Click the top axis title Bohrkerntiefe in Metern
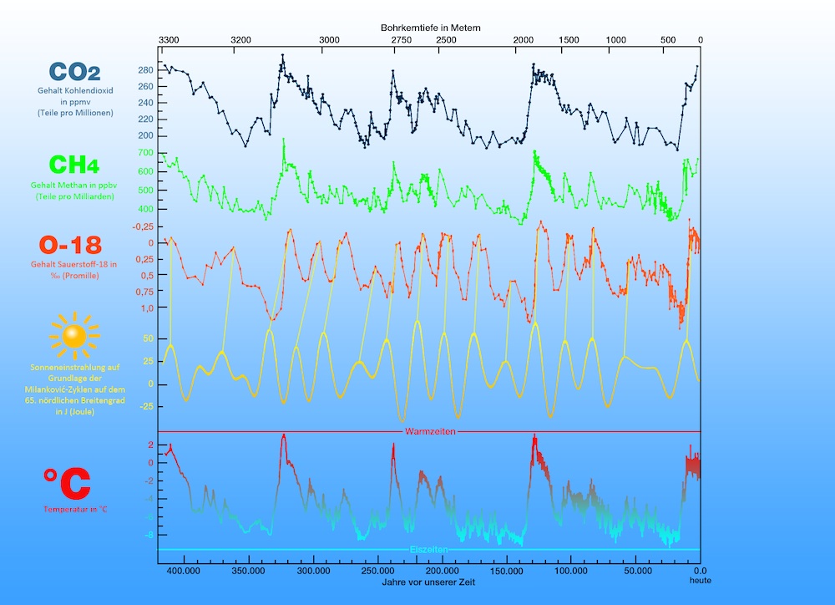(430, 28)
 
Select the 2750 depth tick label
(401, 40)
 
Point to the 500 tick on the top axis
(668, 40)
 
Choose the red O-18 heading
(70, 245)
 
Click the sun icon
(74, 335)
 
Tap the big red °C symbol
(67, 483)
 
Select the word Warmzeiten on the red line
(430, 432)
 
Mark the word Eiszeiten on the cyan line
(429, 549)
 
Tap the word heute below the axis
(700, 580)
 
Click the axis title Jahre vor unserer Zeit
(429, 582)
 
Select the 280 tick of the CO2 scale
(145, 70)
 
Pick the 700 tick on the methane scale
(145, 153)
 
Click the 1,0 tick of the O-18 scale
(146, 308)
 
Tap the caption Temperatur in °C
(74, 509)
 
